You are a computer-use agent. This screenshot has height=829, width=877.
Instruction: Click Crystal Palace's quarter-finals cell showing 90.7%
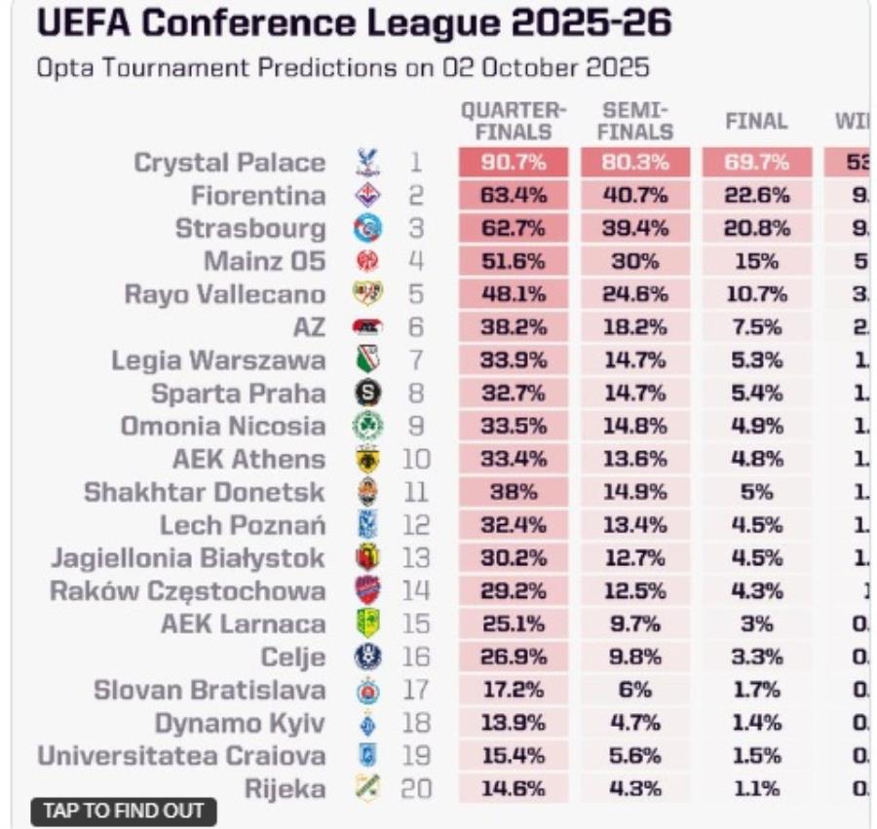pos(513,163)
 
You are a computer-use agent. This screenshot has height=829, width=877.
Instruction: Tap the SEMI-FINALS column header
pos(635,121)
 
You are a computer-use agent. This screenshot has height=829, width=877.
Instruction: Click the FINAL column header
pos(755,122)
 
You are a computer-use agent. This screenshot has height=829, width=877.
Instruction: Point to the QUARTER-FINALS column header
pos(513,121)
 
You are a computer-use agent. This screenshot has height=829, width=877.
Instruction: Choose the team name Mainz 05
pos(264,261)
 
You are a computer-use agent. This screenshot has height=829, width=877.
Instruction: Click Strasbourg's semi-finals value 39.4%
pos(635,229)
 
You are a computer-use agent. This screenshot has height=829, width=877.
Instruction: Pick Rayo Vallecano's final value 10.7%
pos(755,294)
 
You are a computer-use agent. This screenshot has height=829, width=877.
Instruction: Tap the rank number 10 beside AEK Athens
pos(415,459)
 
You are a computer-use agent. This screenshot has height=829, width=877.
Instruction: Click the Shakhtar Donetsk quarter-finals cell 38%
pos(513,492)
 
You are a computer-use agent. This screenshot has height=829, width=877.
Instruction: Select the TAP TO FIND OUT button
pos(124,810)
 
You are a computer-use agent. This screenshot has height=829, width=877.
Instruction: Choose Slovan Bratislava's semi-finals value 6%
pos(635,690)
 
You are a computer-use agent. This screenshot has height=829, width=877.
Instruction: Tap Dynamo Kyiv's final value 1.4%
pos(755,723)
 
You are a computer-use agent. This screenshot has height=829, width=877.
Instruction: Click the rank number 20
pos(415,789)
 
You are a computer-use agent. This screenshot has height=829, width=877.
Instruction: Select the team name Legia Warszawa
pos(218,360)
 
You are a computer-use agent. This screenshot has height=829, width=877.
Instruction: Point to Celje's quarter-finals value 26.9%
pos(513,657)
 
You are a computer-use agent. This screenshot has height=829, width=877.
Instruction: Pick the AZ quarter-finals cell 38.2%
pos(513,327)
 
